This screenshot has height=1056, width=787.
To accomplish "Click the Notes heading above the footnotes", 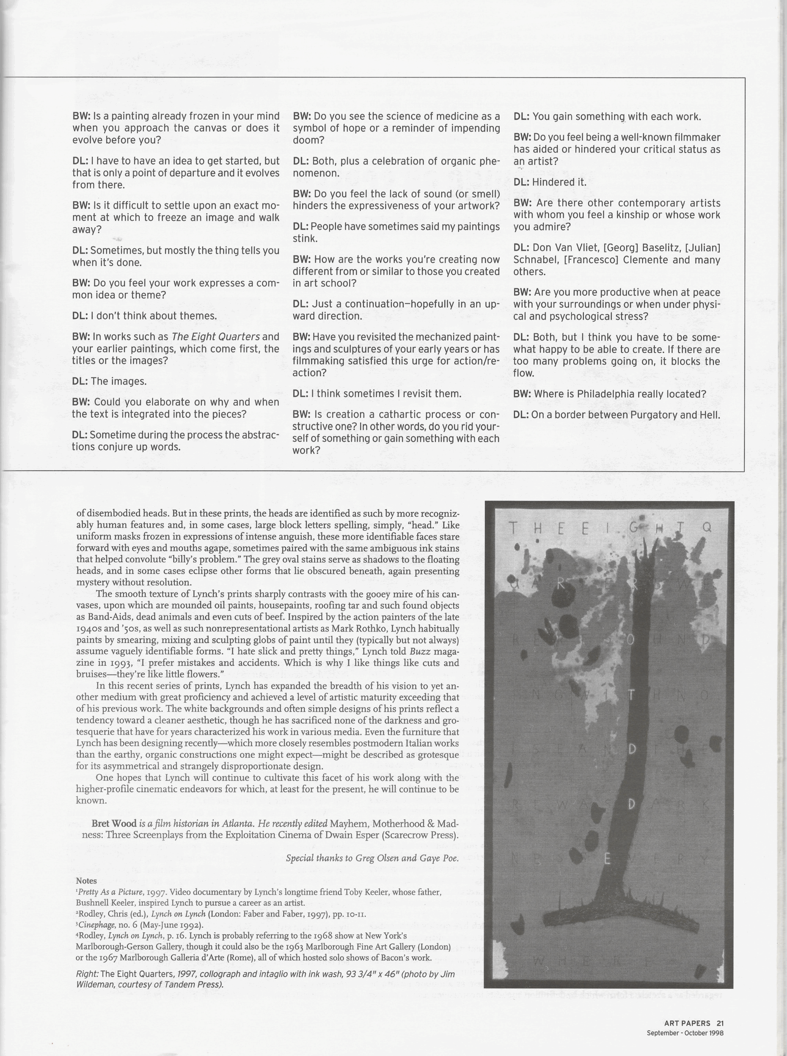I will pos(86,881).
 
